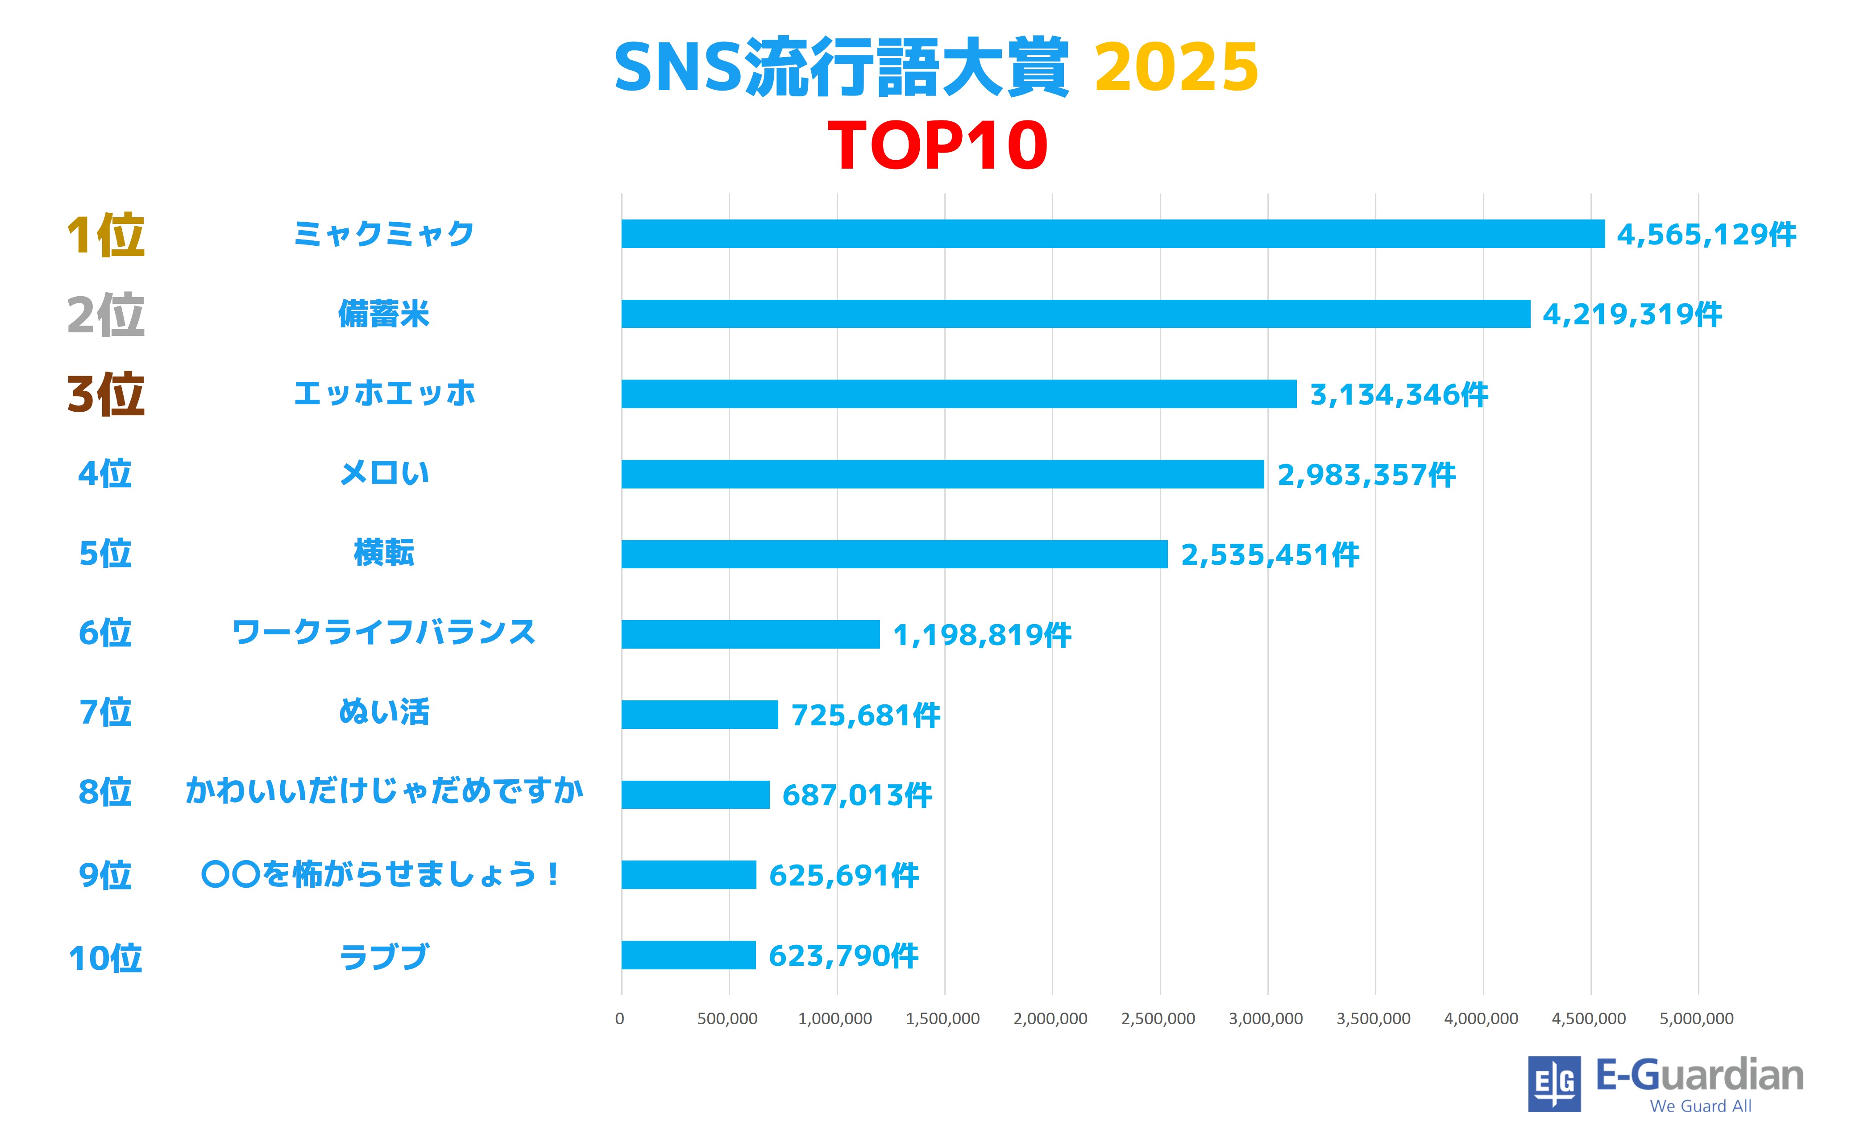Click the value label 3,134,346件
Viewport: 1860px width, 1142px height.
pyautogui.click(x=1399, y=394)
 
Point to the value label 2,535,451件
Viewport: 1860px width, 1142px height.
pyautogui.click(x=1270, y=554)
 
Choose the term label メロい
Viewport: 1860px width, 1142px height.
pyautogui.click(x=384, y=474)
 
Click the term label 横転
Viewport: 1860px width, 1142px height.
pyautogui.click(x=384, y=553)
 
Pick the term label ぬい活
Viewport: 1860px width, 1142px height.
pyautogui.click(x=384, y=712)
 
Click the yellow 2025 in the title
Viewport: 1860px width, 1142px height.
pyautogui.click(x=1175, y=68)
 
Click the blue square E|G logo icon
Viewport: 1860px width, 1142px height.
pyautogui.click(x=1554, y=1084)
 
